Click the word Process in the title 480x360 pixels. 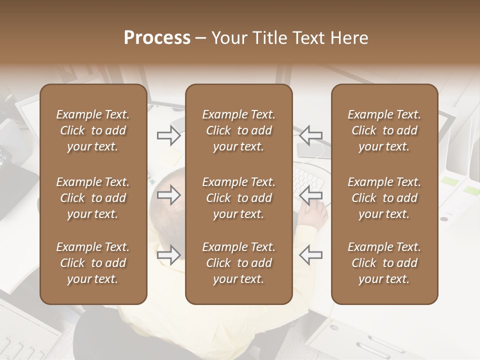point(157,38)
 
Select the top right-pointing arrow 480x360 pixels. point(169,135)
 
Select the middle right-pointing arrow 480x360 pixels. point(169,195)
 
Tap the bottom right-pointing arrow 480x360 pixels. point(169,255)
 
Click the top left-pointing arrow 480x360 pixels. point(311,134)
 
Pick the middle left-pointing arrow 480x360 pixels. point(311,195)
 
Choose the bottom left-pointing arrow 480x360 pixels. point(311,255)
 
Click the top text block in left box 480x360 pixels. point(93,130)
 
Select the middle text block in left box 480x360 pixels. point(93,198)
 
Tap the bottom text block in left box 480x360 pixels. point(93,263)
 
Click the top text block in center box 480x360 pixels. point(239,130)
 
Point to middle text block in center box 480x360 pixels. point(239,198)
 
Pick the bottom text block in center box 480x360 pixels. point(239,263)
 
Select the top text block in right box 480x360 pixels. point(384,130)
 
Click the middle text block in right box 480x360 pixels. point(384,198)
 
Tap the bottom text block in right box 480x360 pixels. point(384,263)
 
